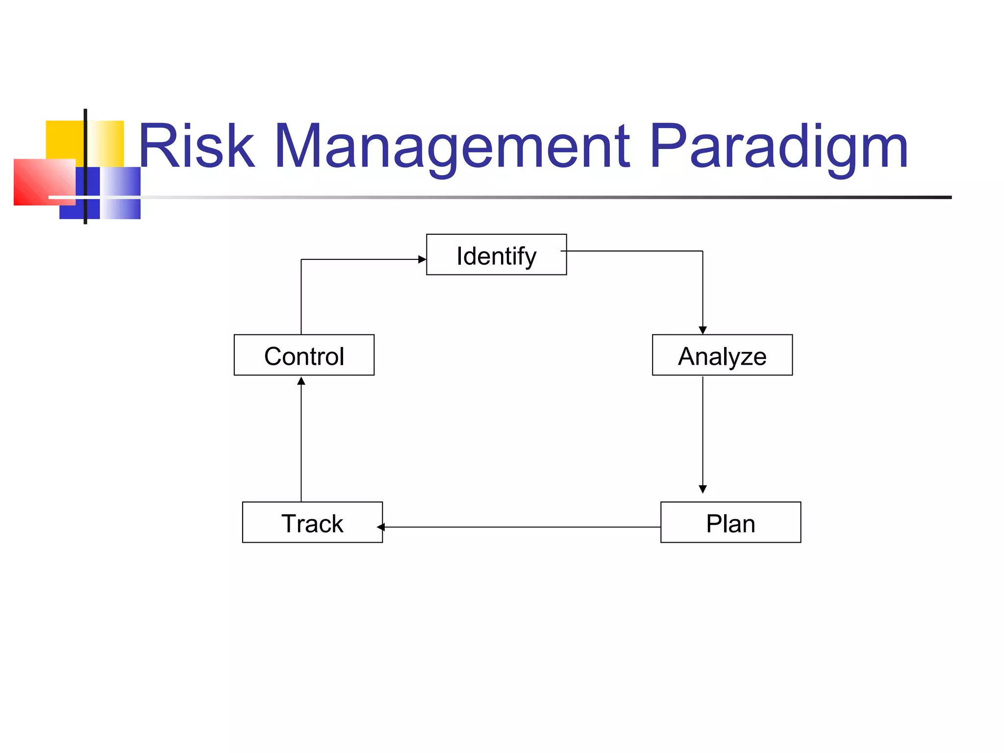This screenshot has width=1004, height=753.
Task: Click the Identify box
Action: point(496,254)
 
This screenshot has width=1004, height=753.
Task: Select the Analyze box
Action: point(722,355)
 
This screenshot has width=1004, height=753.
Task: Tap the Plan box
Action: point(730,522)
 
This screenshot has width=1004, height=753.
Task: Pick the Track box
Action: point(312,522)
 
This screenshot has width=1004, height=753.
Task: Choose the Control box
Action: point(304,355)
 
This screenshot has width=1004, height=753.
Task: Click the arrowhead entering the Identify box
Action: point(422,259)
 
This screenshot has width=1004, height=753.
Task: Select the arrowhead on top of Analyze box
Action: point(703,330)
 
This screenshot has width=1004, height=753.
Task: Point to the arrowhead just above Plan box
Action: point(703,489)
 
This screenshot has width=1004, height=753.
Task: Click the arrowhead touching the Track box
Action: point(381,527)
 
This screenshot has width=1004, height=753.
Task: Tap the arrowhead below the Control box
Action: point(301,381)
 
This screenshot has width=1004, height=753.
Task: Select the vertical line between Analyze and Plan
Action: point(703,431)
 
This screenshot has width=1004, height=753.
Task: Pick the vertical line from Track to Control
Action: point(301,441)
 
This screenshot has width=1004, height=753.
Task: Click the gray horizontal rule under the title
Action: point(539,197)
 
